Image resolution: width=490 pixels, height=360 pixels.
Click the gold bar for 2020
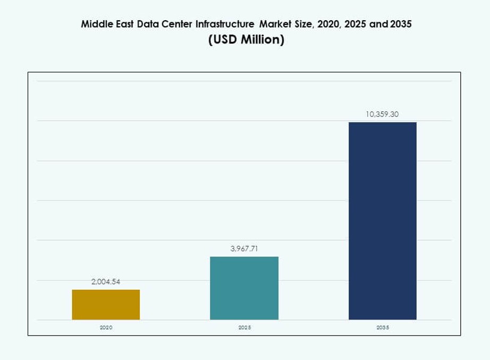tap(106, 304)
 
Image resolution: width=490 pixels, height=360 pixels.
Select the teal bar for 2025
tap(244, 288)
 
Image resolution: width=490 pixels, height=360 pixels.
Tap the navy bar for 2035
tap(382, 221)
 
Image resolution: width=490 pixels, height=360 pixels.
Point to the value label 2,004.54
tap(106, 282)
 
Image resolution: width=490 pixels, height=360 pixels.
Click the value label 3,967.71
tap(244, 248)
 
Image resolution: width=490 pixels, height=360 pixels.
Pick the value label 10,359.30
tap(382, 114)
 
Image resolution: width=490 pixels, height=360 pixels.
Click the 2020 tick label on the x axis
tap(106, 328)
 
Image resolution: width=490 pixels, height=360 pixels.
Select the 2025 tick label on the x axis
tap(244, 328)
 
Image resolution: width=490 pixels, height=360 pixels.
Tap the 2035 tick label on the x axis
tap(382, 328)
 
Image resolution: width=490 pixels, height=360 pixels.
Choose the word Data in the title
tap(147, 24)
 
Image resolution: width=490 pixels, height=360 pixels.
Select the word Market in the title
tap(275, 24)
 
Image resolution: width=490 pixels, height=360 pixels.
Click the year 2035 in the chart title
tap(401, 24)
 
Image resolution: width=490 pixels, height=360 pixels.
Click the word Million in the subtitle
tap(261, 40)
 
